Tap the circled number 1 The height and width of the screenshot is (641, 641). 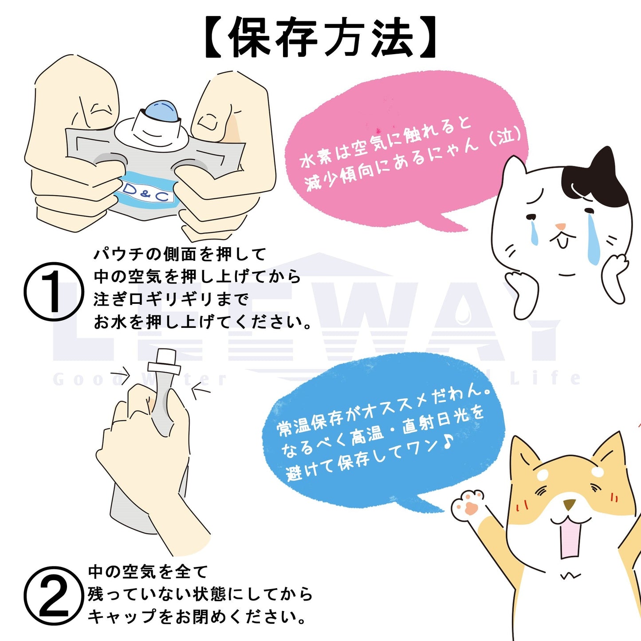coord(54,292)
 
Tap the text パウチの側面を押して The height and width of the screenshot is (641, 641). coord(180,255)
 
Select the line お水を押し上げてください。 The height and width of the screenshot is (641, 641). coord(203,322)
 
